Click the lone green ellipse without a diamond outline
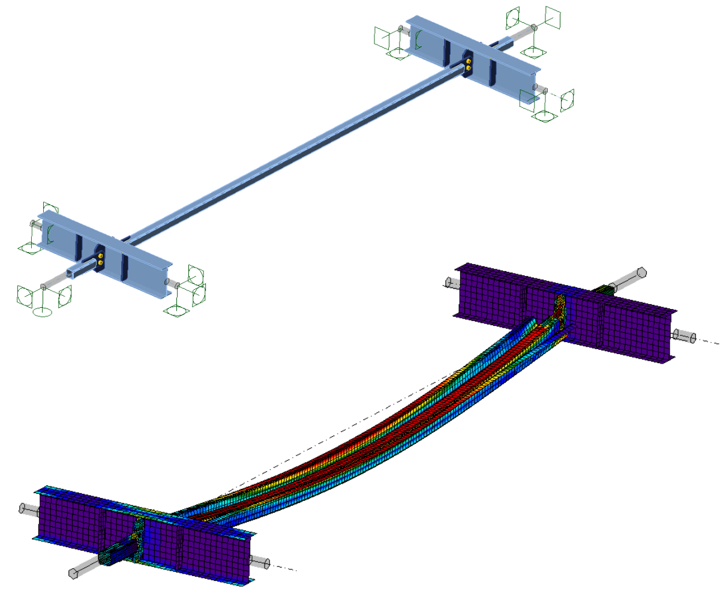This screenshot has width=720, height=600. (x=42, y=311)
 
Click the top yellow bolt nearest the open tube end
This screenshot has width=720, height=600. (x=100, y=257)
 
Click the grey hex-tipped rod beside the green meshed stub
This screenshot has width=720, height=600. (x=627, y=279)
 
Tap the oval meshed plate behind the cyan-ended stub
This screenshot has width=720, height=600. (x=138, y=534)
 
